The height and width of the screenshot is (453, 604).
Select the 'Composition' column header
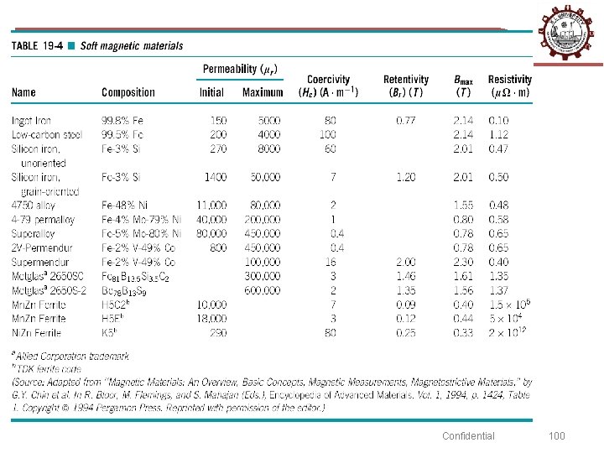128,92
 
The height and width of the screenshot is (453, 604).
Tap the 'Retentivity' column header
406,80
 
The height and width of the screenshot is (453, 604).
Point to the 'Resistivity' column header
510,80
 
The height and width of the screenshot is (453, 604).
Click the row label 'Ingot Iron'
31,121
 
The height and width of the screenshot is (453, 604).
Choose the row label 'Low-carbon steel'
47,135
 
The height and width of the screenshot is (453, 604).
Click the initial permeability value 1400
216,177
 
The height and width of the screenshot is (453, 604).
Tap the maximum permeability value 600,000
263,291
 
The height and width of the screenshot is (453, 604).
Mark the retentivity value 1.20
406,177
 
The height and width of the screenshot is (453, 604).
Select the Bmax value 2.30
463,263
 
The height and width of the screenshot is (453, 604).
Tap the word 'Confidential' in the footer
468,435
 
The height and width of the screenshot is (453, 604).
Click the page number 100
557,435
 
